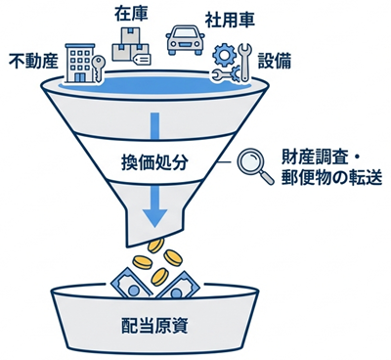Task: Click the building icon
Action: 77,60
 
